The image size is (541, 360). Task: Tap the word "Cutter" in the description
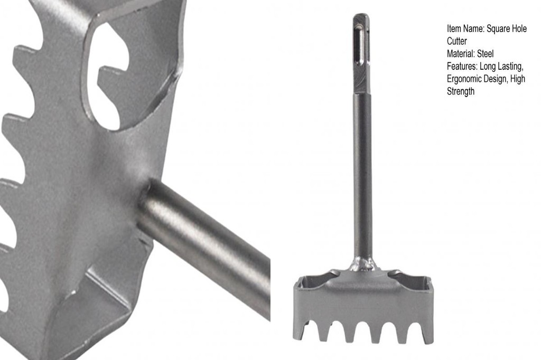[457, 41]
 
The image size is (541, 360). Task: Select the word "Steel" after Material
[486, 54]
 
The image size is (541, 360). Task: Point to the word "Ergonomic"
[464, 79]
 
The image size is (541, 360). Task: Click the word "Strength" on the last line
[461, 91]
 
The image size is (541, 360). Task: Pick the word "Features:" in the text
[462, 66]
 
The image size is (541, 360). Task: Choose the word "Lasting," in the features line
[511, 67]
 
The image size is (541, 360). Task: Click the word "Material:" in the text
[461, 54]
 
